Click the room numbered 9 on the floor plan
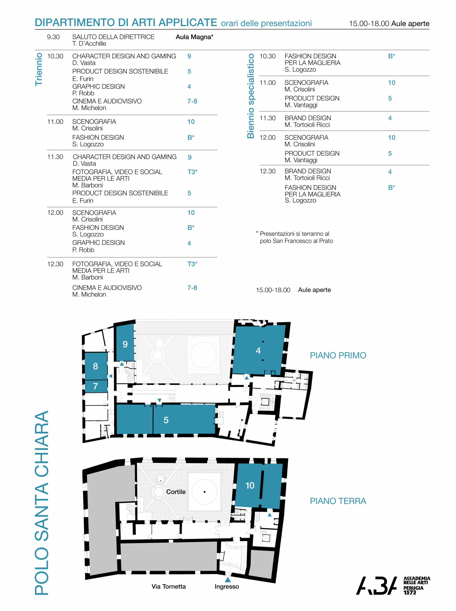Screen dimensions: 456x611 pyautogui.click(x=125, y=342)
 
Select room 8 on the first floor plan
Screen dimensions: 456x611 pyautogui.click(x=96, y=366)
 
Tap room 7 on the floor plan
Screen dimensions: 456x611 pyautogui.click(x=96, y=386)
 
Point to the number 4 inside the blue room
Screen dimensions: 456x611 pyautogui.click(x=258, y=350)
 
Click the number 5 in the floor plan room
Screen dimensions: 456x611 pyautogui.click(x=166, y=420)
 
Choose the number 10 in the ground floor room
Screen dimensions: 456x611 pyautogui.click(x=250, y=485)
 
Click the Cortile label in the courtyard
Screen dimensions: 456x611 pyautogui.click(x=176, y=492)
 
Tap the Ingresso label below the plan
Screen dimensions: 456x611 pyautogui.click(x=227, y=586)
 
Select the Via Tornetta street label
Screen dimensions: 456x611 pyautogui.click(x=169, y=586)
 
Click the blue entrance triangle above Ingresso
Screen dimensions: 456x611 pyautogui.click(x=228, y=579)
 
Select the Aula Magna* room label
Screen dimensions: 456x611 pyautogui.click(x=195, y=37)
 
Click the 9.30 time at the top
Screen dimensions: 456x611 pyautogui.click(x=53, y=37)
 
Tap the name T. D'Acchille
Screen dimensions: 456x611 pyautogui.click(x=89, y=44)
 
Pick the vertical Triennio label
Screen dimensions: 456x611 pyautogui.click(x=39, y=69)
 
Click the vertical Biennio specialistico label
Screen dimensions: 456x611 pyautogui.click(x=250, y=96)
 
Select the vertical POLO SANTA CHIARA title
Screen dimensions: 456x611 pyautogui.click(x=42, y=503)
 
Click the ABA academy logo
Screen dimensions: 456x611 pyautogui.click(x=393, y=585)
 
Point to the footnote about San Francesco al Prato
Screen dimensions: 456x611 pyautogui.click(x=295, y=237)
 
